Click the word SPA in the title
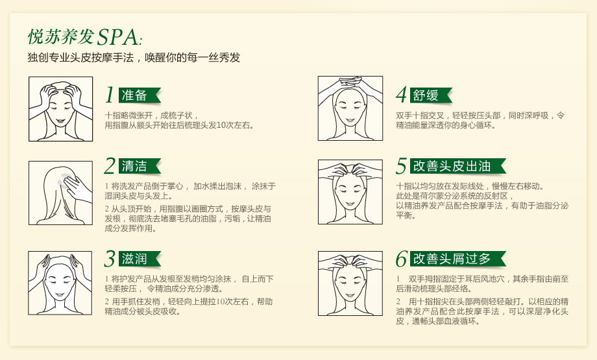point(117,37)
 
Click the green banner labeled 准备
point(140,95)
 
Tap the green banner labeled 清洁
point(140,166)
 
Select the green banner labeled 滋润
point(140,259)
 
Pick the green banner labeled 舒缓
point(431,95)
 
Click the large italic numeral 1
point(110,95)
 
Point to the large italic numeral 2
point(110,166)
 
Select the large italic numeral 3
point(110,259)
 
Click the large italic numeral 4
point(401,95)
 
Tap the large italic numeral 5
point(401,166)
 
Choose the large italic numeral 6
point(402,259)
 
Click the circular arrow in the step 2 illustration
point(63,178)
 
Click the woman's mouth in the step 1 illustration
point(60,121)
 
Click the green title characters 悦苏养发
point(61,37)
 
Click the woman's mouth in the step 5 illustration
point(350,204)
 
